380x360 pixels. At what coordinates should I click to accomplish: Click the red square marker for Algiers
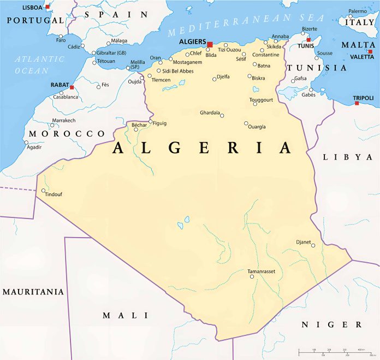(210, 44)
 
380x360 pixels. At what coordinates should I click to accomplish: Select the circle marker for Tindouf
(44, 191)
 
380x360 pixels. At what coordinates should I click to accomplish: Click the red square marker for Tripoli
(357, 103)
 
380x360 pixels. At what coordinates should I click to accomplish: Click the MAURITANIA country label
(33, 292)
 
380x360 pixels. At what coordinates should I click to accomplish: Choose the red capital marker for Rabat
(72, 87)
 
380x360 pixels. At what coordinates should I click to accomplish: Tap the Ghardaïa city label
(210, 113)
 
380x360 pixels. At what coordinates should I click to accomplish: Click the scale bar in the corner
(334, 351)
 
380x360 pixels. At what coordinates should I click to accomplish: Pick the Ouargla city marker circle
(246, 123)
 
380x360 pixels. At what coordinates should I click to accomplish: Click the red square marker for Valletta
(370, 51)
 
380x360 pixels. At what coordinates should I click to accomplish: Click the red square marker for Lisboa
(48, 7)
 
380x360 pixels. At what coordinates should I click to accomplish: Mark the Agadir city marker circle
(26, 143)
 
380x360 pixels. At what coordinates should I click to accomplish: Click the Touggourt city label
(262, 100)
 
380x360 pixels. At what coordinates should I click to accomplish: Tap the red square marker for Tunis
(308, 40)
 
